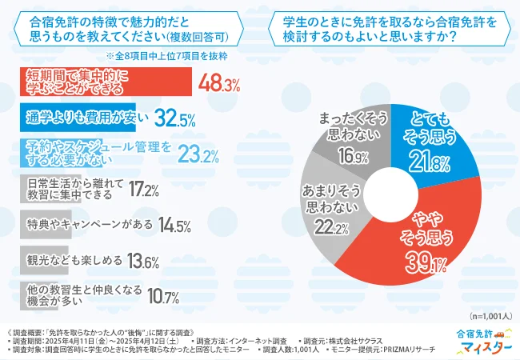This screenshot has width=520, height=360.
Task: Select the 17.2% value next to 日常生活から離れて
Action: coord(142,190)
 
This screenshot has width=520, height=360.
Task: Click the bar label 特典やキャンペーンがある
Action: coord(85,223)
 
